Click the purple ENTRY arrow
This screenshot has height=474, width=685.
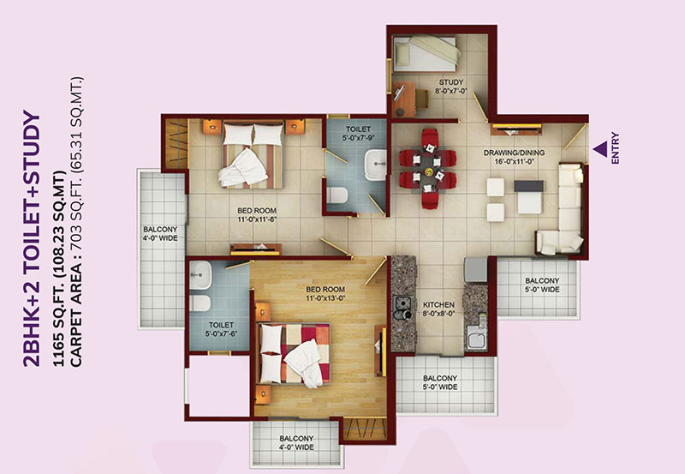click(600, 149)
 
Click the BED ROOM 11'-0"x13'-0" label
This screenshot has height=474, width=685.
click(325, 294)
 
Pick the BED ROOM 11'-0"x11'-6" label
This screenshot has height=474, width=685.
click(258, 214)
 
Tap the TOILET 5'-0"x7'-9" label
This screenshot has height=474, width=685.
click(358, 134)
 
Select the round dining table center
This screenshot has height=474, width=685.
click(427, 168)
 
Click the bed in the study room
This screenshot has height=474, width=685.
click(426, 53)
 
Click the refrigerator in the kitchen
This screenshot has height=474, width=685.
click(475, 269)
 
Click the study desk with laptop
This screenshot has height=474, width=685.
click(403, 99)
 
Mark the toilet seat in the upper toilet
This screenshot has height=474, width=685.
click(337, 195)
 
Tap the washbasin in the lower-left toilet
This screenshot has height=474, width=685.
click(201, 274)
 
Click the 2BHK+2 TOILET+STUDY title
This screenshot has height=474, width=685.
click(32, 239)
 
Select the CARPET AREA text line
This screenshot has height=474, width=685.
click(76, 222)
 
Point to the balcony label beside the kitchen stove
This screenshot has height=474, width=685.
click(440, 382)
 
